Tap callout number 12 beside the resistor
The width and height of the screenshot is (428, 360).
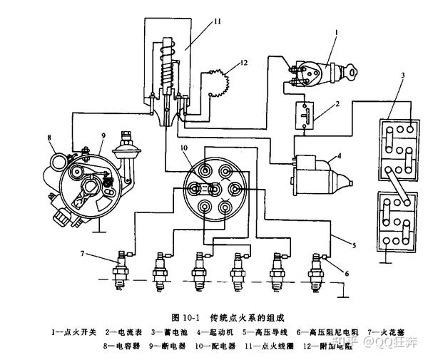pos(243,63)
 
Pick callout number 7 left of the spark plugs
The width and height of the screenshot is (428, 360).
pos(83,253)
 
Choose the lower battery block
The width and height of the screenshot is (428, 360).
pos(397,220)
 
